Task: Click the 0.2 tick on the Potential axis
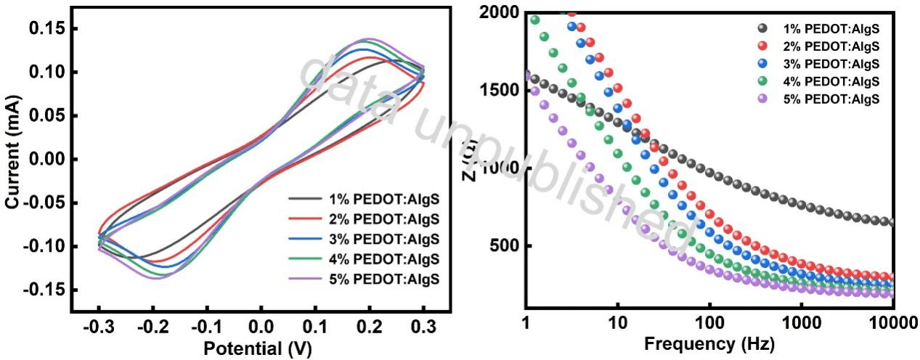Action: [x=370, y=327]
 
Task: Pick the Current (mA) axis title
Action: [x=12, y=159]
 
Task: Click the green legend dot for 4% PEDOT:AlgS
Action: [x=762, y=81]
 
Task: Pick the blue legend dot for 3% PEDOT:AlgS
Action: [x=762, y=64]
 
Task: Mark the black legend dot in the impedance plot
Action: [x=762, y=28]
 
